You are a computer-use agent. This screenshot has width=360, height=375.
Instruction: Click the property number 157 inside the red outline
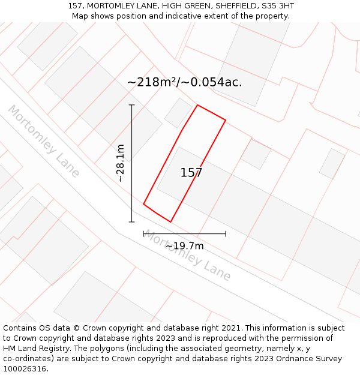coord(191,173)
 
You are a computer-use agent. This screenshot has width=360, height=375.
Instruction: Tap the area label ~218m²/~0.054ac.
coord(185,83)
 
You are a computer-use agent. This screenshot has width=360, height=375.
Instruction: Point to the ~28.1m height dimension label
coord(120,163)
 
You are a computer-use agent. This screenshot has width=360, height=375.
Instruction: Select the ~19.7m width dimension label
coord(184,245)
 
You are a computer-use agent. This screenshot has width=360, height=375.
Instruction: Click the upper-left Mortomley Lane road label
coord(43,141)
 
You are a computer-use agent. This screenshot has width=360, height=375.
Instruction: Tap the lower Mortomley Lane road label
coord(187,256)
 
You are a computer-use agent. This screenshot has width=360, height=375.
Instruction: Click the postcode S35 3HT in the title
coord(277,6)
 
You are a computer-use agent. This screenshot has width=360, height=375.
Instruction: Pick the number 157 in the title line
coord(75,6)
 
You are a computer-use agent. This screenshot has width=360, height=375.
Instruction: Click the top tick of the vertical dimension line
coord(132,105)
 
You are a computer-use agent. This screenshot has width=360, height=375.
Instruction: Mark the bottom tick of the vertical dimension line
coord(132,222)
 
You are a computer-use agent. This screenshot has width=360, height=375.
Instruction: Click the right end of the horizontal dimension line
coord(226,233)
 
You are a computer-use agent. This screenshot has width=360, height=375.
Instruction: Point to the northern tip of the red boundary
coord(197,106)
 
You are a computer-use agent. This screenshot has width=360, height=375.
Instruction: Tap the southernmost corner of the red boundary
coord(170,222)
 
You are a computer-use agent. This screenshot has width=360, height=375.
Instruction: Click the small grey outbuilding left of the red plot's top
coord(178,113)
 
